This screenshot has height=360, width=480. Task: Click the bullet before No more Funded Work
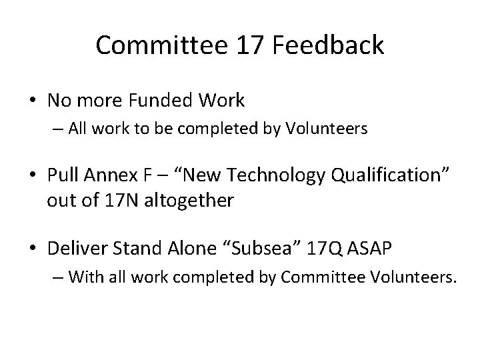tap(32, 101)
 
